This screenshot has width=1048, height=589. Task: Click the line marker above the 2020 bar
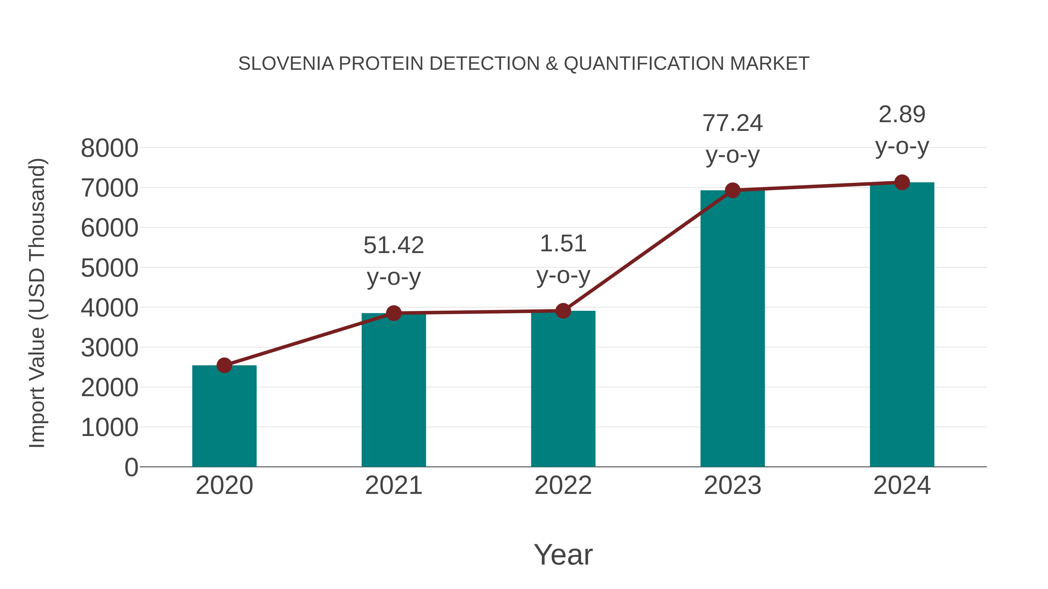224,365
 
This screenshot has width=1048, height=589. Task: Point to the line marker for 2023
732,190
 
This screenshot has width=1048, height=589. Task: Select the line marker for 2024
902,182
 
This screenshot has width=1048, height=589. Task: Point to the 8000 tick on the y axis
109,148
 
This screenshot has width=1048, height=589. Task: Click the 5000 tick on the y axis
109,268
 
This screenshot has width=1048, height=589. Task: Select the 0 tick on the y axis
131,467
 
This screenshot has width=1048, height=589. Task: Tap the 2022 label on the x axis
563,485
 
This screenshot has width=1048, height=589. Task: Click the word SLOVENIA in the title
286,64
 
